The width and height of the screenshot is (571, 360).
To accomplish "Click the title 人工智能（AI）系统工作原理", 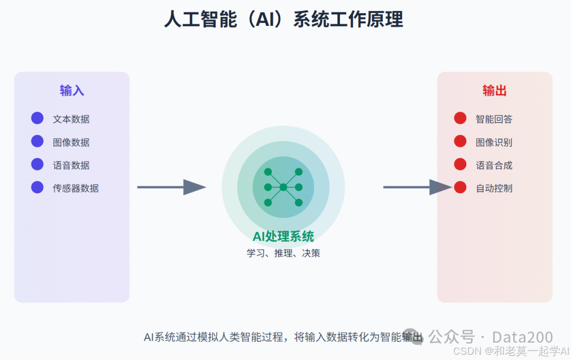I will click(x=283, y=20).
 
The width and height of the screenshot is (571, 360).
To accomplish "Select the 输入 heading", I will click(x=72, y=90).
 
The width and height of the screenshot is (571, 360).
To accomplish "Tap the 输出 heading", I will click(x=494, y=90).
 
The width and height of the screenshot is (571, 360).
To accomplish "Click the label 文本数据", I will click(x=71, y=119).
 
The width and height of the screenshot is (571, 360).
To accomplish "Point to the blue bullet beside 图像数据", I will click(x=37, y=141).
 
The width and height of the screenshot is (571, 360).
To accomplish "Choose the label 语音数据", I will click(x=71, y=165).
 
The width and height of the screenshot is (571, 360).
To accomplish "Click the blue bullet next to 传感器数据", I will click(x=37, y=187).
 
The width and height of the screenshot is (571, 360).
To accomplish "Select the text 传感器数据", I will click(x=76, y=188).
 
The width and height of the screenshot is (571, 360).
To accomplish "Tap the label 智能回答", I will click(x=494, y=119).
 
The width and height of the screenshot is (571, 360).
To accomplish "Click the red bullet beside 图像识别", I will click(x=460, y=141).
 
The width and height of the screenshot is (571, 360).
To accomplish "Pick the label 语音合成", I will click(x=494, y=165).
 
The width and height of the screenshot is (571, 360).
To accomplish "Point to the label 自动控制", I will click(x=494, y=188).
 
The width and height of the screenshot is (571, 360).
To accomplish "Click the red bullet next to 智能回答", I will click(x=460, y=118).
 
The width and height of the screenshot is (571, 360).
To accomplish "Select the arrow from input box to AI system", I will click(x=171, y=187).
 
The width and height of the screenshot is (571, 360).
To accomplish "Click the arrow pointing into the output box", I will click(x=417, y=187).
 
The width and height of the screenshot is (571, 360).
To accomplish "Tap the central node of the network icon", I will click(x=283, y=187).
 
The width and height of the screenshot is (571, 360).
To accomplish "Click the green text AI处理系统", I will click(x=283, y=236).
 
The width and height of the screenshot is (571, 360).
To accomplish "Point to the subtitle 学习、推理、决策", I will click(x=283, y=253).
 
